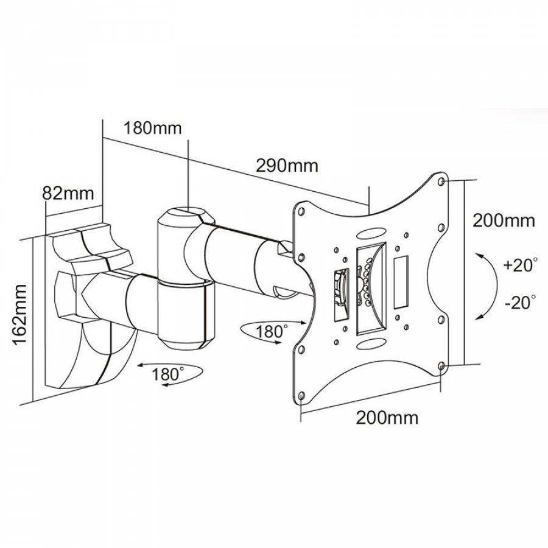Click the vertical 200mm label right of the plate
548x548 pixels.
(x=504, y=220)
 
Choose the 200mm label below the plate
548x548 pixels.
(x=387, y=418)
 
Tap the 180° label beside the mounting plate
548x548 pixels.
(x=272, y=332)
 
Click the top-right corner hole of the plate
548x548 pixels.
(x=442, y=181)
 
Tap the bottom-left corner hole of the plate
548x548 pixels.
(x=301, y=396)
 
